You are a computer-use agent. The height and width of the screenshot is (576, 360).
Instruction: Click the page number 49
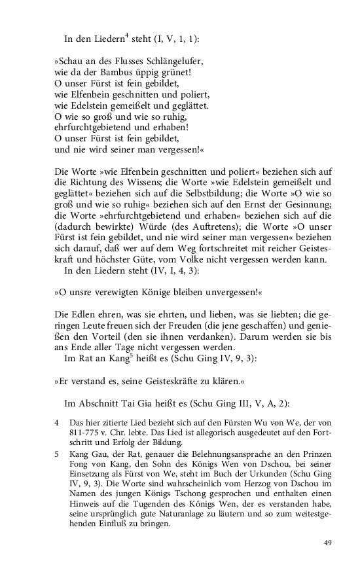click(328, 543)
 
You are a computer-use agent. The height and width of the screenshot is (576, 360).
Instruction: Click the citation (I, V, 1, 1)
click(175, 39)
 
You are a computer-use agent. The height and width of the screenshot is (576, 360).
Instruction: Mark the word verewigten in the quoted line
click(135, 295)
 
